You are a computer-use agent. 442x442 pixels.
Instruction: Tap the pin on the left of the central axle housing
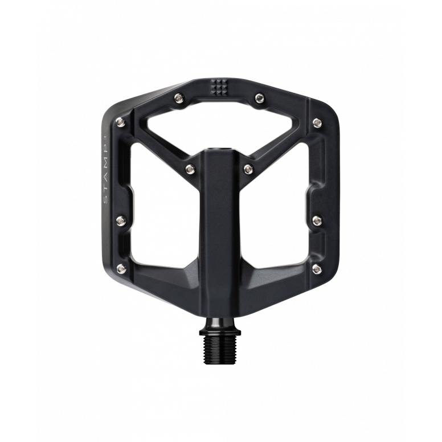coord(190,167)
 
